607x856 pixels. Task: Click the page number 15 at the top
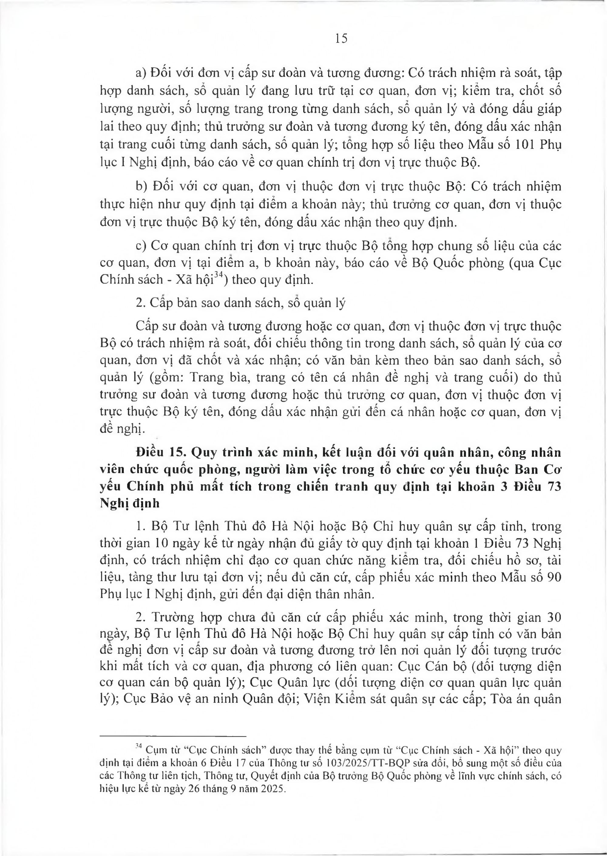341,39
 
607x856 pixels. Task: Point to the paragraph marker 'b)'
142,186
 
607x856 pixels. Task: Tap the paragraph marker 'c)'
141,246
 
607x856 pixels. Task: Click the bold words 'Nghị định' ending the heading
130,504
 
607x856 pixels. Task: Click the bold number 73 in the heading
554,487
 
